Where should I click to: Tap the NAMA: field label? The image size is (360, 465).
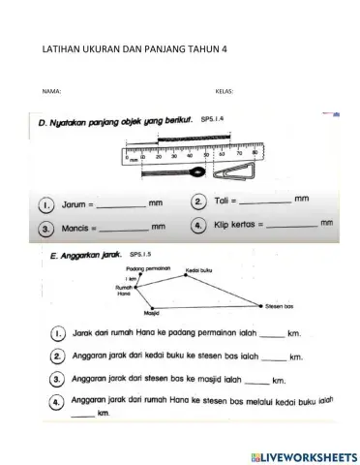point(52,91)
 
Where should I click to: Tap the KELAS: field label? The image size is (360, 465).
point(224,91)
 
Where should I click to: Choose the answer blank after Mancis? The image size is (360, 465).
point(124,230)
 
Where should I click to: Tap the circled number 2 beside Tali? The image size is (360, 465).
point(197,201)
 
